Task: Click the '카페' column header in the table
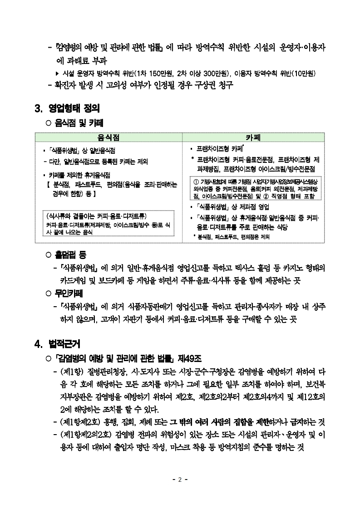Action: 253,137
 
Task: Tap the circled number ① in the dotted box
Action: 195,182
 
